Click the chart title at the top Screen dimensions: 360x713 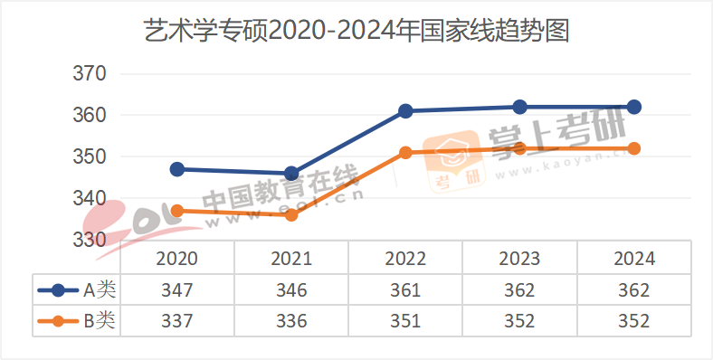(x=356, y=33)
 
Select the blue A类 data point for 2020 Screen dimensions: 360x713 (x=177, y=169)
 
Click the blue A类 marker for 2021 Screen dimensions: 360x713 (x=291, y=173)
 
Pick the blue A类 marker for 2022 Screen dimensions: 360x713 (x=405, y=111)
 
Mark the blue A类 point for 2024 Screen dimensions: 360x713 (x=634, y=107)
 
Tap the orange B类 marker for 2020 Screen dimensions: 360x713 (x=177, y=211)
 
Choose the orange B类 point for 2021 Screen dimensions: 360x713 (x=291, y=214)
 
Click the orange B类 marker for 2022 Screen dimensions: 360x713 (x=405, y=153)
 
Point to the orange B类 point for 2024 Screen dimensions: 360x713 (x=634, y=148)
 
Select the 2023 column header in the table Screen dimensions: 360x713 (x=519, y=259)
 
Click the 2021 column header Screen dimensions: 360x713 (x=291, y=259)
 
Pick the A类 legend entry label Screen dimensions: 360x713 (x=100, y=290)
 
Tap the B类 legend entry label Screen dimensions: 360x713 (x=100, y=320)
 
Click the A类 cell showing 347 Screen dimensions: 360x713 (x=177, y=290)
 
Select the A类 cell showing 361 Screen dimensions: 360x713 (x=405, y=290)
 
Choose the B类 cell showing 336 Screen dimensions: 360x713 (x=291, y=320)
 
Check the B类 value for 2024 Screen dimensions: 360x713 (x=634, y=320)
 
